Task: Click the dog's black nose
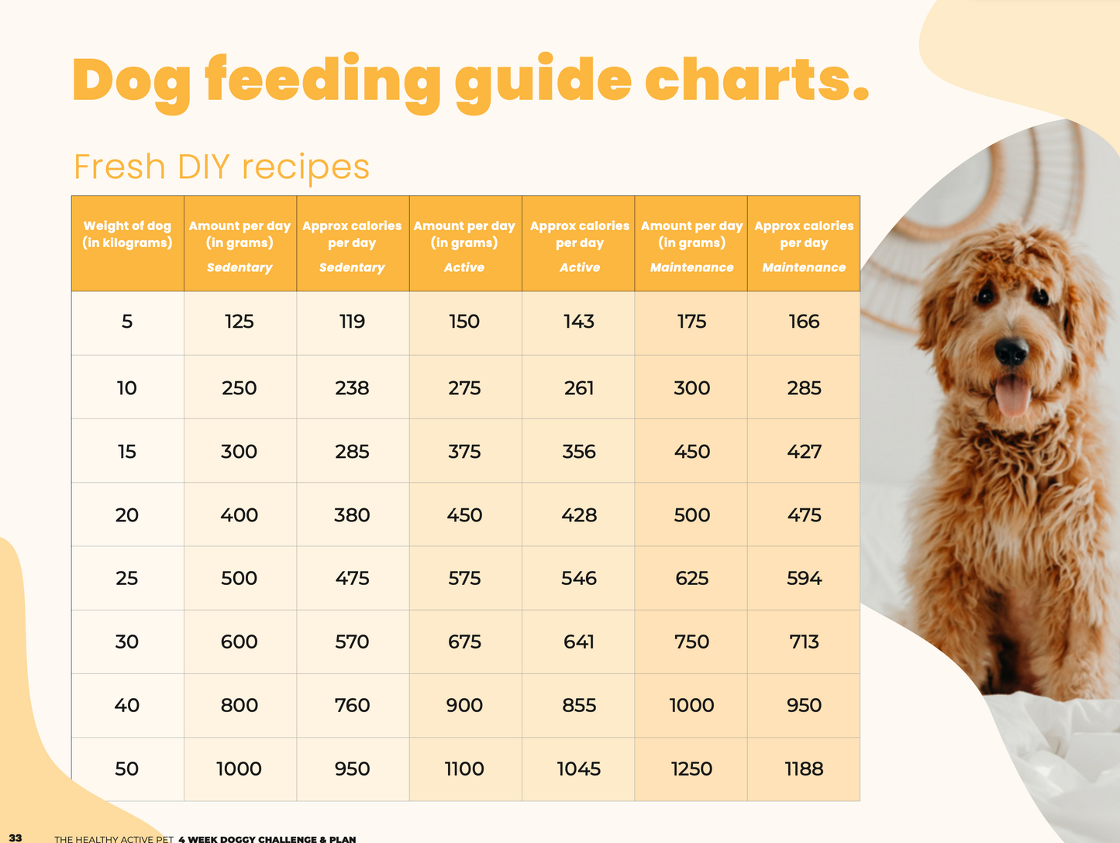click(1011, 350)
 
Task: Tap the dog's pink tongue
click(1012, 394)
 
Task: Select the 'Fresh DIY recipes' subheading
click(222, 167)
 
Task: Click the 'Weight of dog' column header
click(127, 234)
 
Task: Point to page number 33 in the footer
click(16, 838)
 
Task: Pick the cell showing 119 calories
click(352, 322)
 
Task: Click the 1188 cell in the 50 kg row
click(804, 769)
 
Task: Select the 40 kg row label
click(127, 705)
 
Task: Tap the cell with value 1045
click(579, 769)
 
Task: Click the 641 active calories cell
click(579, 642)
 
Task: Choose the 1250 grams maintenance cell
click(691, 769)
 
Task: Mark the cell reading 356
click(579, 452)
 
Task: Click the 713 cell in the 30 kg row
click(804, 642)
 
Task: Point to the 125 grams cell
click(240, 322)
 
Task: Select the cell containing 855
click(579, 705)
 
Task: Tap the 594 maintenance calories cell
click(804, 578)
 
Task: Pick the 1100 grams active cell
click(464, 769)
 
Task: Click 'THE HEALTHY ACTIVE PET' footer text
click(114, 839)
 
